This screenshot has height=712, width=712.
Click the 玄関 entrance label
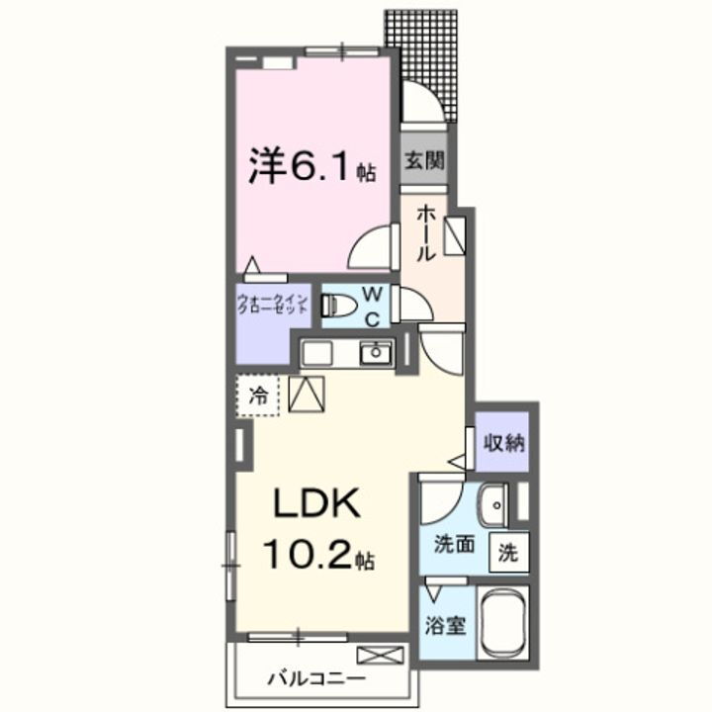pyautogui.click(x=423, y=158)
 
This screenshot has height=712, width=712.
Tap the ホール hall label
pyautogui.click(x=424, y=232)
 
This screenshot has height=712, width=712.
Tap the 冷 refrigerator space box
pyautogui.click(x=258, y=397)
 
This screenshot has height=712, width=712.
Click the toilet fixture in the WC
pyautogui.click(x=337, y=305)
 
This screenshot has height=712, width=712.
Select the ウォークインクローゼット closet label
pyautogui.click(x=274, y=304)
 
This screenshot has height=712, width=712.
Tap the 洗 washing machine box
pyautogui.click(x=507, y=553)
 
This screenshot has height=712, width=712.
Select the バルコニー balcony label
pyautogui.click(x=316, y=679)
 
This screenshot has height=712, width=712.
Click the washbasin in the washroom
pyautogui.click(x=491, y=506)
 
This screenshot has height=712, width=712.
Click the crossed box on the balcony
pyautogui.click(x=381, y=654)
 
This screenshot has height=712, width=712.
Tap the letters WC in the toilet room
pyautogui.click(x=373, y=305)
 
